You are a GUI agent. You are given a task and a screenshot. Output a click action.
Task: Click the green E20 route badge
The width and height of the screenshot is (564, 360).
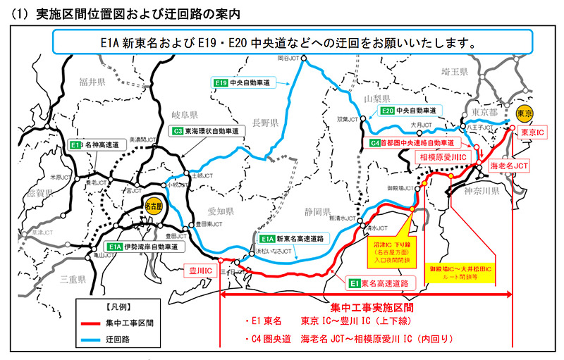[x=386, y=111]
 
